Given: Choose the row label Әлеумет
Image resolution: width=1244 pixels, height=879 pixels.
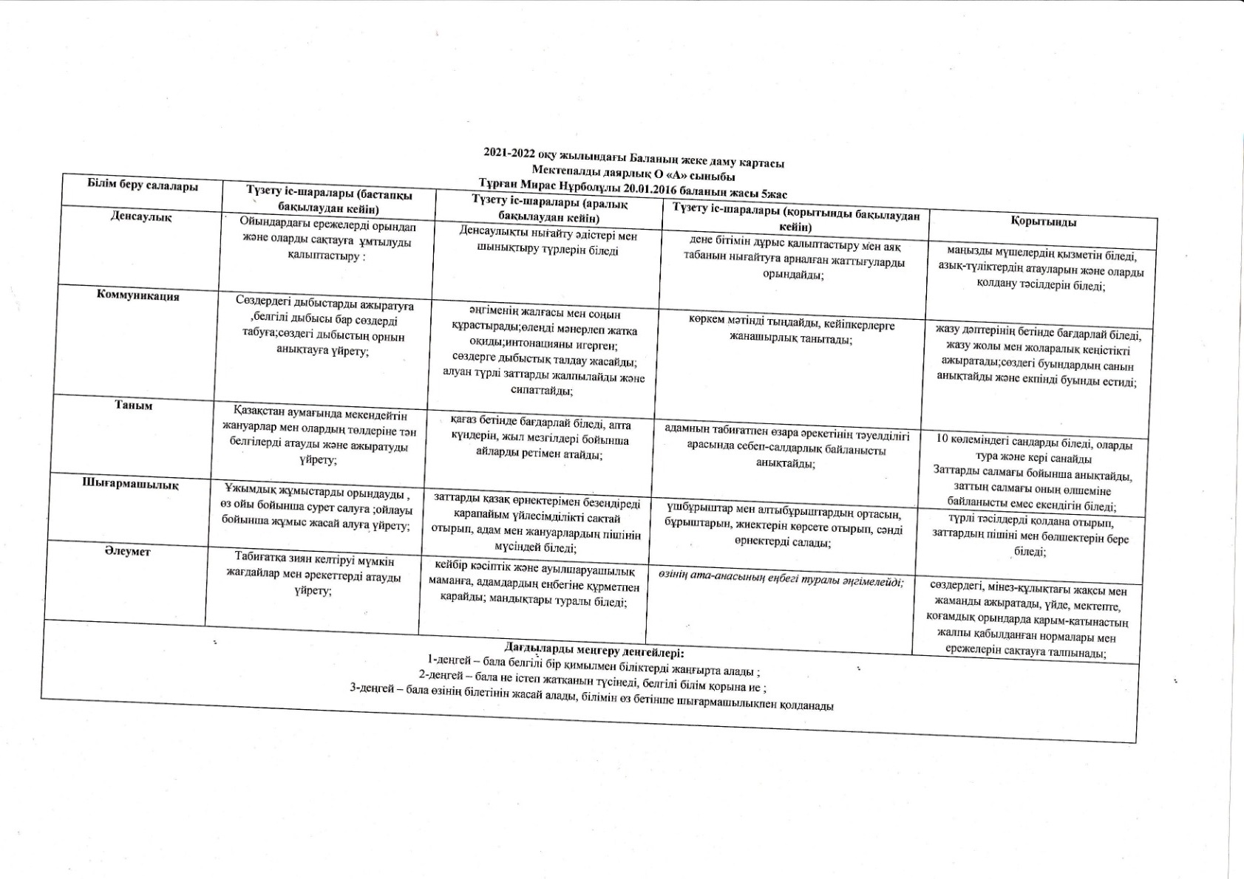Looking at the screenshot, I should tap(127, 551).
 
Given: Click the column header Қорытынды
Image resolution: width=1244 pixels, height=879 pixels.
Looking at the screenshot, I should tap(1043, 222).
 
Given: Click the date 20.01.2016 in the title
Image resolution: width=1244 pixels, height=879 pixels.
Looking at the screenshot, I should tap(650, 188).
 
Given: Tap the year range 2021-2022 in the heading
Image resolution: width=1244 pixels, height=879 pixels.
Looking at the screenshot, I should tap(509, 153).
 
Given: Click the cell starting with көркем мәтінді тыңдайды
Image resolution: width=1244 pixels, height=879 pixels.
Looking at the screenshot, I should tap(791, 332).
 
